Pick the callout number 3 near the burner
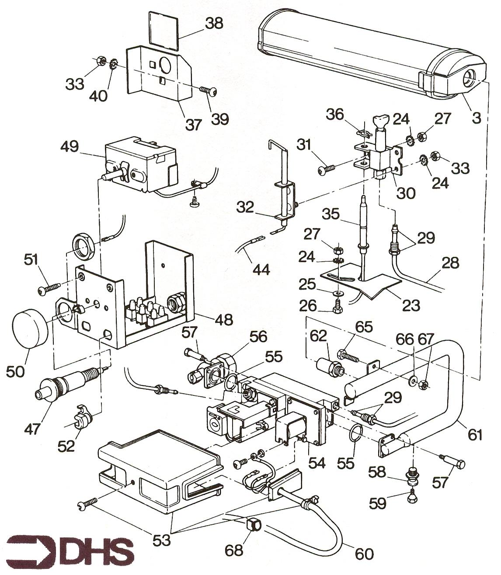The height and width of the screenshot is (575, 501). [x=476, y=117]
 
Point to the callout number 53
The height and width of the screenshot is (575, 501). [x=161, y=540]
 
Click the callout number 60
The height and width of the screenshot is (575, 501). [x=364, y=554]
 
